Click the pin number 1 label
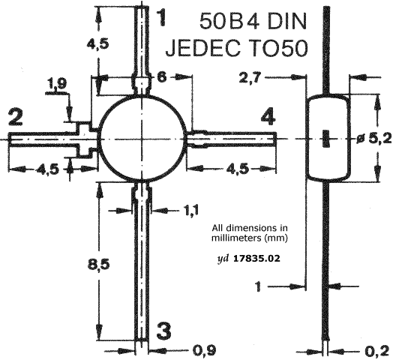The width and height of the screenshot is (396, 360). click(162, 17)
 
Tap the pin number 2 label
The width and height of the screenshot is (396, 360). click(16, 117)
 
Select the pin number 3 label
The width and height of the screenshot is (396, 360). click(164, 330)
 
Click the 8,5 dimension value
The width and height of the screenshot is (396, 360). click(98, 265)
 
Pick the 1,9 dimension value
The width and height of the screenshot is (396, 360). click(57, 85)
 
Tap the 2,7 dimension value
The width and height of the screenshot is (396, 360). click(250, 79)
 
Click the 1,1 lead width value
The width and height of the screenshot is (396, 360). click(190, 210)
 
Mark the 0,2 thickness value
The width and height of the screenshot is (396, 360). click(379, 351)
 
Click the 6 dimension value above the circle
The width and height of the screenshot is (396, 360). click(162, 76)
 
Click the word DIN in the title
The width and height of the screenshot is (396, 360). click(286, 21)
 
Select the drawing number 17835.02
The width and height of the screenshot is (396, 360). click(256, 259)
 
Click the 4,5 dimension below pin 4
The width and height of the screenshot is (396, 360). click(238, 169)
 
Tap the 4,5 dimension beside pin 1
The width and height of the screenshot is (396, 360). click(98, 43)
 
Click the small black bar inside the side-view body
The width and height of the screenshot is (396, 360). click(325, 138)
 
